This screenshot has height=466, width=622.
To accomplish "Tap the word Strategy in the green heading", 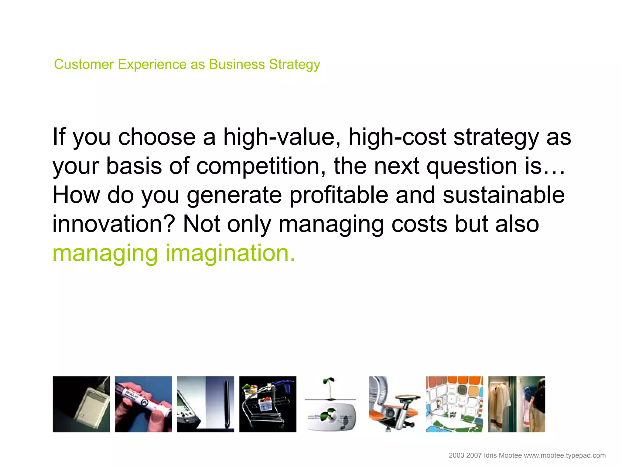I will click(294, 64).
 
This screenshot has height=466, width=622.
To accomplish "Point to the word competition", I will click(261, 166).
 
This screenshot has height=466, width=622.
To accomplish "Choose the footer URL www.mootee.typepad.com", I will click(565, 455).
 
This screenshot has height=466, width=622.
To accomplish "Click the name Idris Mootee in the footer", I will click(503, 455).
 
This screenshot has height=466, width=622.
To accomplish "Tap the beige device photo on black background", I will click(81, 404).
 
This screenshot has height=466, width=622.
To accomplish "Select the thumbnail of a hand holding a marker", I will click(143, 404).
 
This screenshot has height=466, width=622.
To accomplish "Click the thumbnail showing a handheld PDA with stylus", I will click(206, 404).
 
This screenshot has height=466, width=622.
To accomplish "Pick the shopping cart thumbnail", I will click(268, 404).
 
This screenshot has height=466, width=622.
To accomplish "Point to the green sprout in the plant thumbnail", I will click(329, 383).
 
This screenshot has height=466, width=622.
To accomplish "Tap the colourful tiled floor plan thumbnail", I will click(454, 404).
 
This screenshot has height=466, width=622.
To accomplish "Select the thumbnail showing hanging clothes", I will click(516, 404).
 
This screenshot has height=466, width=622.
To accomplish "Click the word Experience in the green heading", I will click(152, 64).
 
